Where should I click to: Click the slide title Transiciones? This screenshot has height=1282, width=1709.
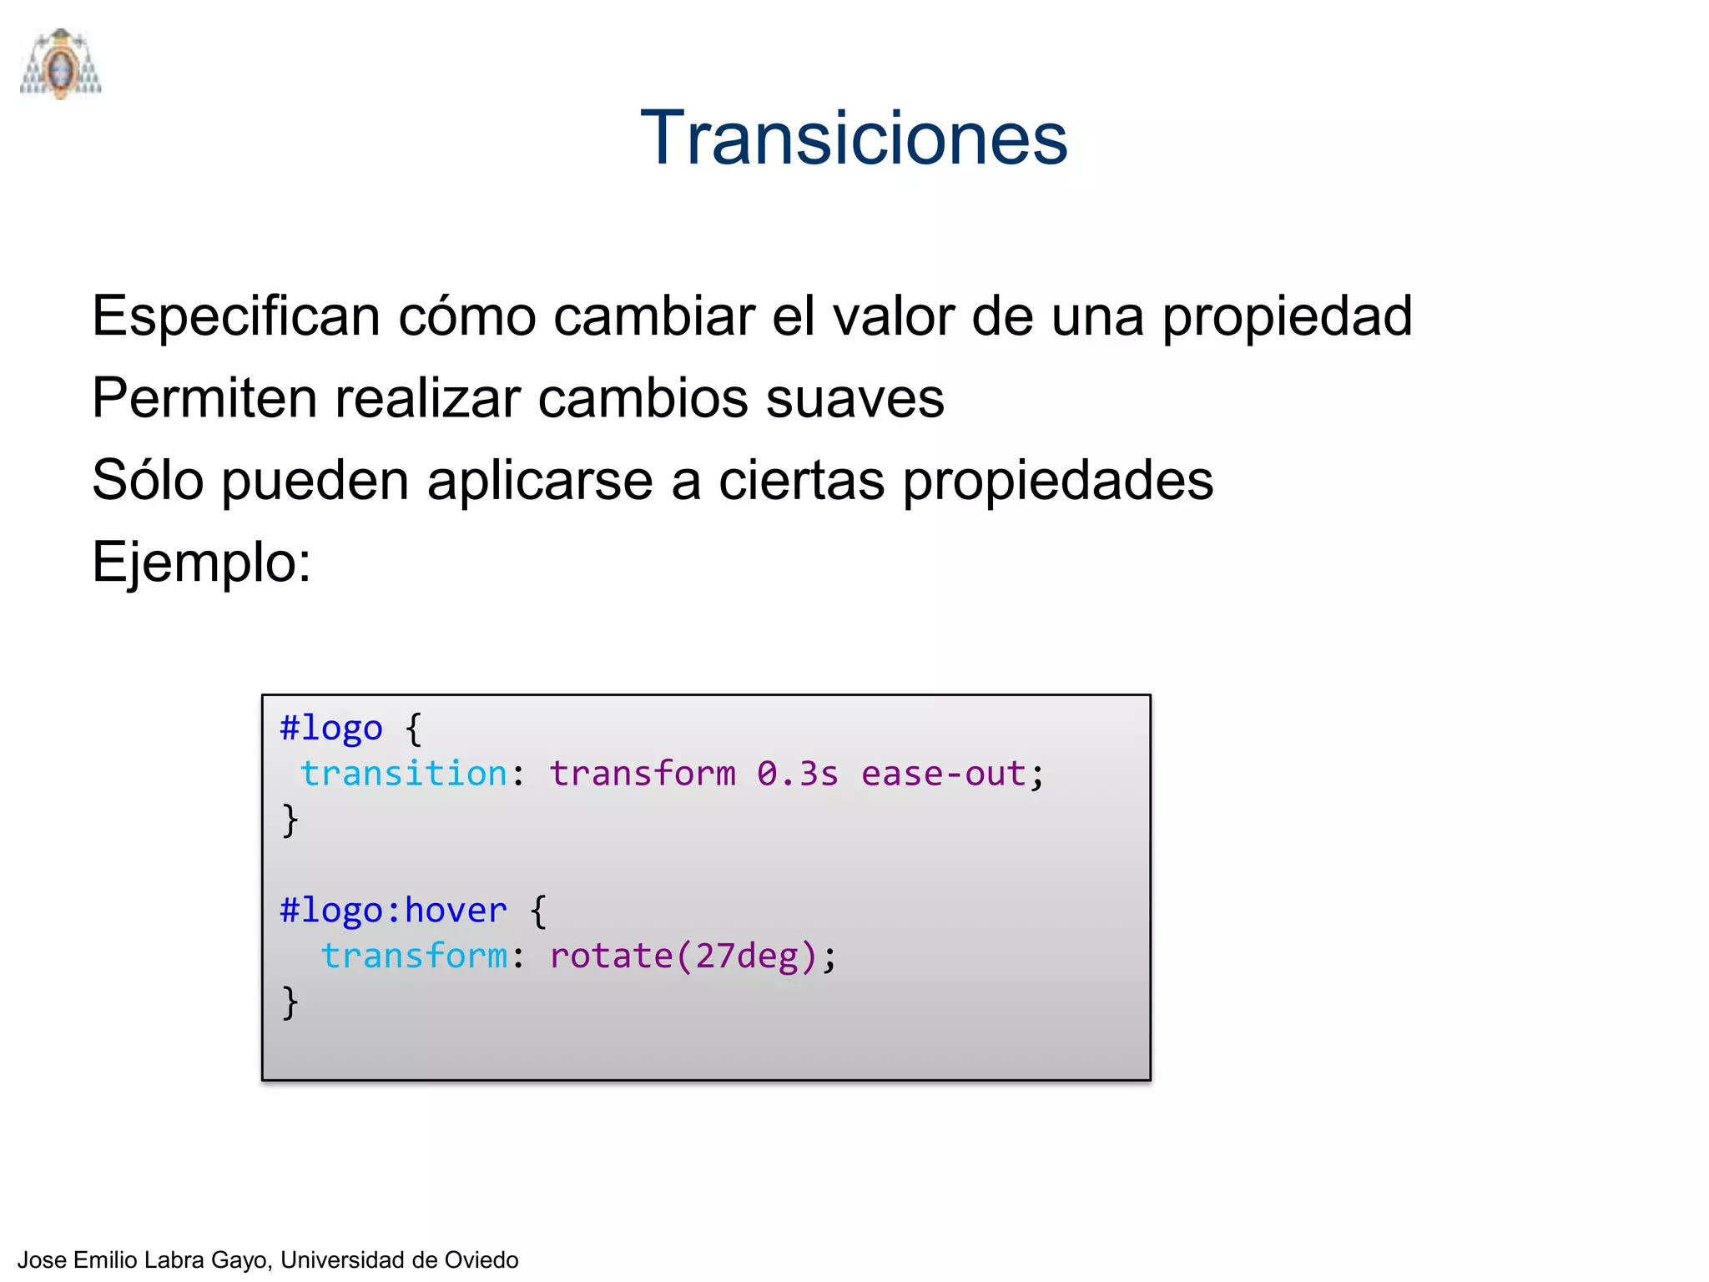point(854,138)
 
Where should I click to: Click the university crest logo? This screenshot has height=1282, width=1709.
point(60,65)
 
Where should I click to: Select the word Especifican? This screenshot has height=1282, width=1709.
point(236,317)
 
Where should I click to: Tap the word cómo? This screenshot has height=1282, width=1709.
point(466,317)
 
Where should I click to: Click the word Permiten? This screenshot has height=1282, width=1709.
point(204,398)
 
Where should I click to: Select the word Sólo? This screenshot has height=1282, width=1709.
point(148,481)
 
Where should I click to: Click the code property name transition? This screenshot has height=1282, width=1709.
point(404,774)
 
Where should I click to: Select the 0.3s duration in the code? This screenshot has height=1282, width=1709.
point(797,774)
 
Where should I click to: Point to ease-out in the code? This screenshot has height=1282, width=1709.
point(943,774)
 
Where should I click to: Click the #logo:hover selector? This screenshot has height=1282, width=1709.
point(393,910)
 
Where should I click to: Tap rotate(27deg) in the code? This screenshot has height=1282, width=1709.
point(683,956)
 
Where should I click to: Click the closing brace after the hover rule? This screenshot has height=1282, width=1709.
point(290,1002)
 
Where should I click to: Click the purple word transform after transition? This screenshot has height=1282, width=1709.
point(643,774)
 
